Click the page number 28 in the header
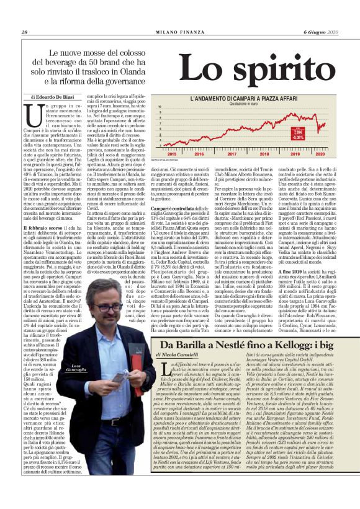pos(25,33)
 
